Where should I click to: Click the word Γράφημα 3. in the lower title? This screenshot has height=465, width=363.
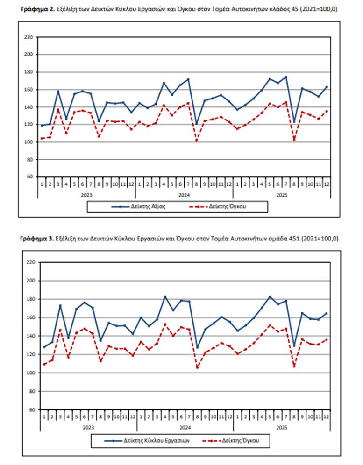(36, 239)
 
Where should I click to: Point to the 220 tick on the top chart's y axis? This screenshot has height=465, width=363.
(28, 37)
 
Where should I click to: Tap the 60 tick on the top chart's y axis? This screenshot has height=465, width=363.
(30, 177)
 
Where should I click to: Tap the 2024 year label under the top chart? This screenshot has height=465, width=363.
(184, 194)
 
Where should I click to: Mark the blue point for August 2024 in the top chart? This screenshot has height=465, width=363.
(197, 124)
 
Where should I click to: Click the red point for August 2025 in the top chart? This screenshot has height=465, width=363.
(294, 140)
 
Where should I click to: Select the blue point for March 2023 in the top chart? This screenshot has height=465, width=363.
(58, 91)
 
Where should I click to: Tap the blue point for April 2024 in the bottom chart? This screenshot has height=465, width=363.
(165, 296)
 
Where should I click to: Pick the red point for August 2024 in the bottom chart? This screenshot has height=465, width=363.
(197, 367)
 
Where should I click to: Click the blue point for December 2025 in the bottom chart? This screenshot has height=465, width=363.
(326, 313)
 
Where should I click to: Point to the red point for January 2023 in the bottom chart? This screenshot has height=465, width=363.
(44, 364)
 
